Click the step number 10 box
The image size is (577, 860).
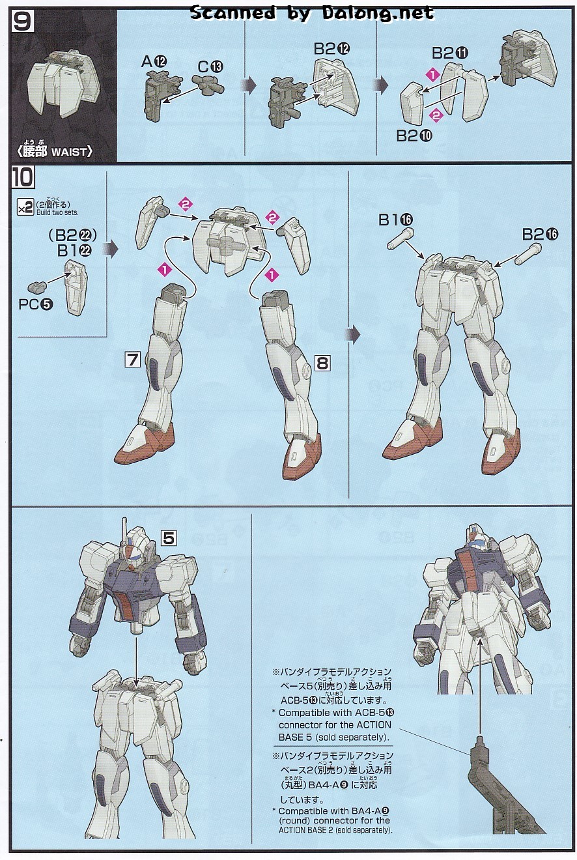click(22, 177)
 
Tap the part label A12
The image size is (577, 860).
click(154, 61)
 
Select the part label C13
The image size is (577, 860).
click(210, 67)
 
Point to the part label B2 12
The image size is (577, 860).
click(331, 49)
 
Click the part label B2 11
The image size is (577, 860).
click(449, 53)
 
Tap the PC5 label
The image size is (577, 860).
click(36, 304)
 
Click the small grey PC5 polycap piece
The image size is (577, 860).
click(37, 286)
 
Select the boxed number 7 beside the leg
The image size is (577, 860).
click(133, 360)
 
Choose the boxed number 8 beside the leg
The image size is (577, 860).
click(322, 362)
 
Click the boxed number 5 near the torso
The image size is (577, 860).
click(169, 538)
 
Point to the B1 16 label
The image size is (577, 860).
click(395, 220)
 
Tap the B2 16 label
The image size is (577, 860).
click(540, 234)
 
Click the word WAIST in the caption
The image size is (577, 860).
click(68, 152)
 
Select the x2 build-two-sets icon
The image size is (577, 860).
click(25, 208)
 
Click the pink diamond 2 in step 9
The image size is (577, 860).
click(436, 115)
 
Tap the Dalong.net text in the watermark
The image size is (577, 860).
click(378, 14)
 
